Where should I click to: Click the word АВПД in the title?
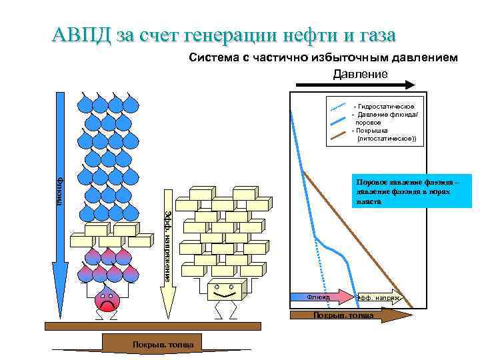(81, 34)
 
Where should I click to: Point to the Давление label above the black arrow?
(360, 73)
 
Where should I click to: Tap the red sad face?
(107, 301)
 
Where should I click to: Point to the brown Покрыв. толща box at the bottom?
(153, 343)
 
